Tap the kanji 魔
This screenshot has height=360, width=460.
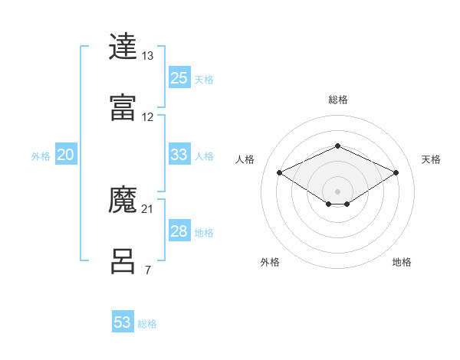click(123, 201)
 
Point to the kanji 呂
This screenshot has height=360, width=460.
click(123, 261)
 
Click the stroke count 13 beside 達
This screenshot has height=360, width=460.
click(148, 56)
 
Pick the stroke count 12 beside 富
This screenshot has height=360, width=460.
click(148, 117)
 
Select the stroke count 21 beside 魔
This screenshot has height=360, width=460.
click(148, 208)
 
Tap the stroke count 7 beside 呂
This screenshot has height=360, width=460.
click(148, 270)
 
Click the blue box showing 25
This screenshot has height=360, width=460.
click(179, 78)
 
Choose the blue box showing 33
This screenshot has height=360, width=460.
click(179, 155)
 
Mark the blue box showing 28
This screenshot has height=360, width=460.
click(179, 231)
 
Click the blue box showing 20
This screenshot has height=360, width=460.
click(66, 155)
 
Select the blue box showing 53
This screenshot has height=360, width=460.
click(123, 322)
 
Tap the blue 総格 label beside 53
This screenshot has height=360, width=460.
click(147, 324)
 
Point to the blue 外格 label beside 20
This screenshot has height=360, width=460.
click(41, 156)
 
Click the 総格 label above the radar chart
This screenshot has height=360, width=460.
click(337, 100)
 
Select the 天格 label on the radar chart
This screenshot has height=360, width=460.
click(431, 159)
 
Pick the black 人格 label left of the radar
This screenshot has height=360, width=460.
click(245, 159)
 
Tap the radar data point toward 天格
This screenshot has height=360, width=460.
click(396, 173)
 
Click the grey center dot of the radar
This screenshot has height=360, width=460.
click(337, 191)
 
